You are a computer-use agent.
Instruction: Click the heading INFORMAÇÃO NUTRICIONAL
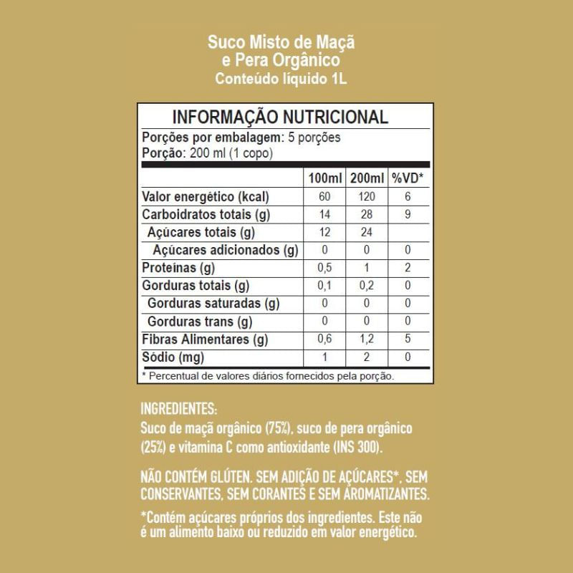[281, 117]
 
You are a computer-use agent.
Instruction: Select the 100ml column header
[325, 178]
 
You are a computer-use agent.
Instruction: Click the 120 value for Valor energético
[367, 196]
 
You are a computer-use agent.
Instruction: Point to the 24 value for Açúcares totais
[367, 232]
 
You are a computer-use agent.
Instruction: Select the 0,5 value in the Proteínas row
[325, 268]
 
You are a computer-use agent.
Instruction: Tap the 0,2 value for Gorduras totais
[367, 286]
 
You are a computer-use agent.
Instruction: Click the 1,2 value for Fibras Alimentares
[367, 340]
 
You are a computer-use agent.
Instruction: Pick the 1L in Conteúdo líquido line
[339, 79]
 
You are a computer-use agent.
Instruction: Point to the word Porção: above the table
[165, 153]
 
